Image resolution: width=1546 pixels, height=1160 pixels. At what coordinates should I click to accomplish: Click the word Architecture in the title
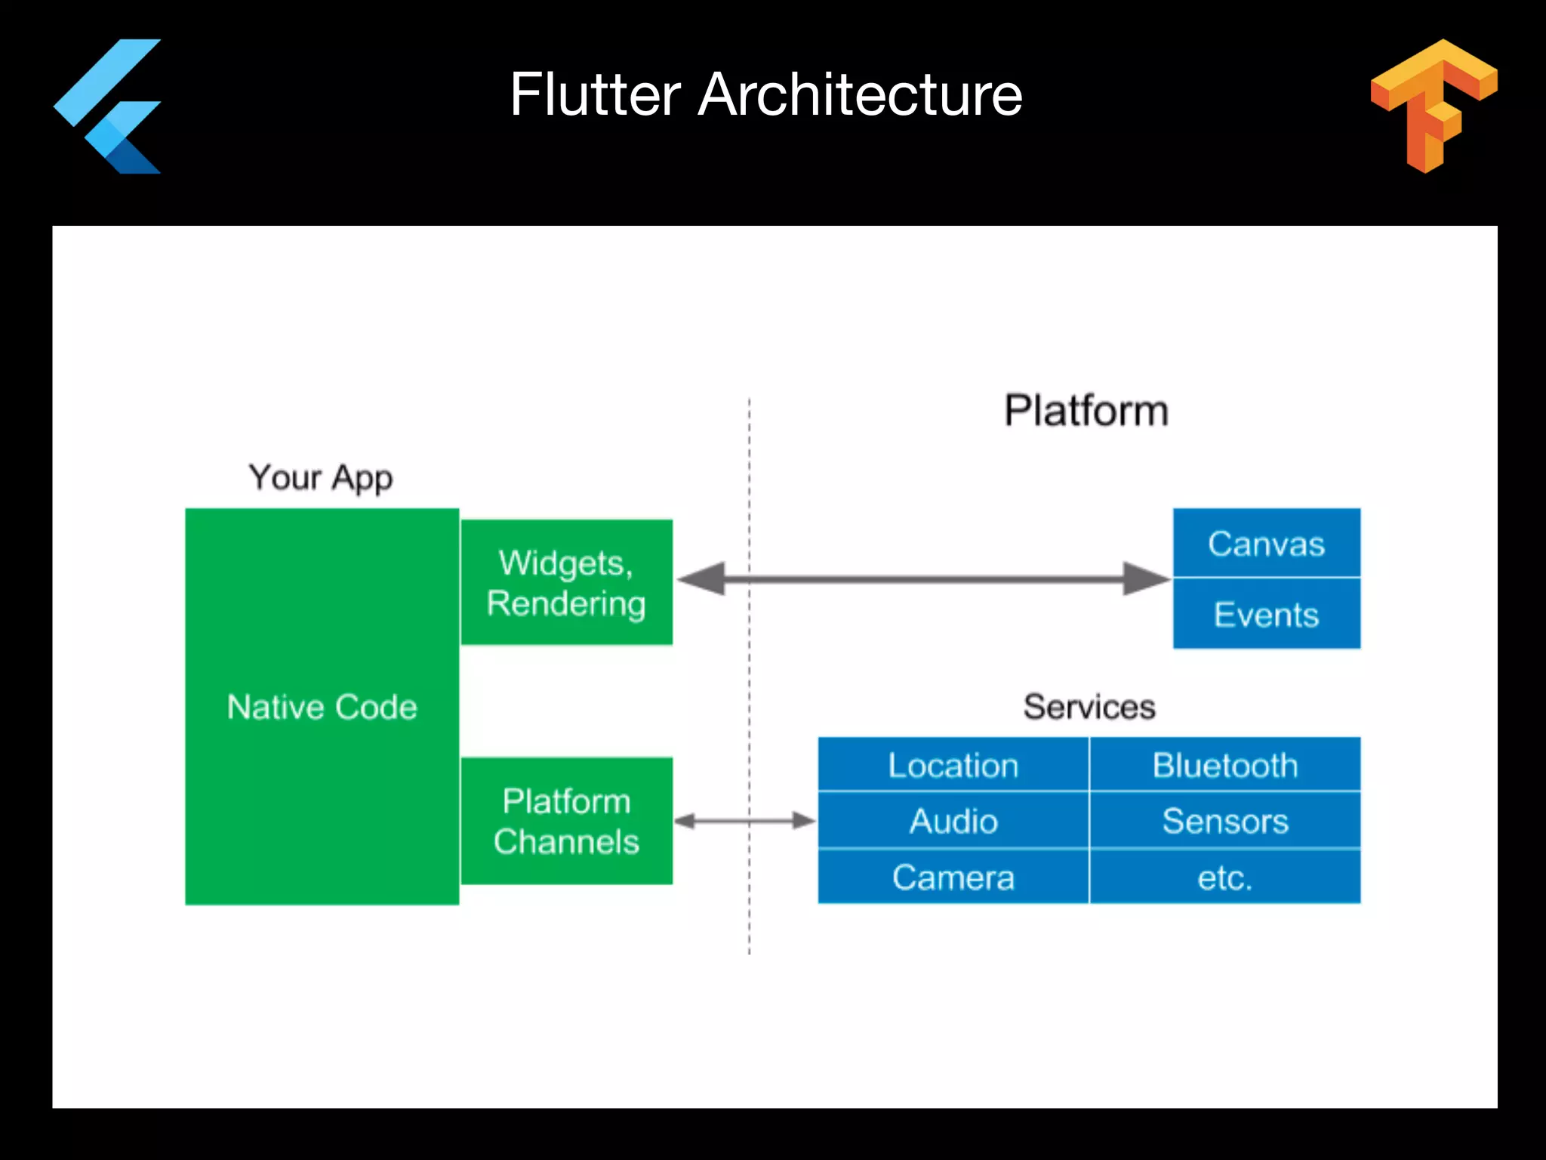(x=860, y=94)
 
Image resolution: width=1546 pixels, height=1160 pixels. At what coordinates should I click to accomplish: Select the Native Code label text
(x=322, y=708)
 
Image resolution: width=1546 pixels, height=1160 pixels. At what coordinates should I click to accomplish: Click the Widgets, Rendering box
(x=566, y=582)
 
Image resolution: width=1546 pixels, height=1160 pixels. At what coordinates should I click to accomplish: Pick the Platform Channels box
(x=566, y=821)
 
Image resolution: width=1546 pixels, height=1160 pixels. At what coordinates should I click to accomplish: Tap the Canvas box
(x=1266, y=543)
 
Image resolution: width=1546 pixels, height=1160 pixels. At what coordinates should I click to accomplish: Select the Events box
(x=1266, y=614)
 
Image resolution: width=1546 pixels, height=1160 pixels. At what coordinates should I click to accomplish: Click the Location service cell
(x=953, y=765)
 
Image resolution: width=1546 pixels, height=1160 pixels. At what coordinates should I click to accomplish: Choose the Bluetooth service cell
(x=1224, y=765)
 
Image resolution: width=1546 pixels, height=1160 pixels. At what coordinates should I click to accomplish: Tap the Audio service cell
(x=953, y=821)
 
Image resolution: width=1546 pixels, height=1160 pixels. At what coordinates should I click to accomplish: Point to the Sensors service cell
(x=1224, y=821)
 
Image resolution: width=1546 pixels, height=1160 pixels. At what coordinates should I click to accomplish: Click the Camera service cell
(x=953, y=878)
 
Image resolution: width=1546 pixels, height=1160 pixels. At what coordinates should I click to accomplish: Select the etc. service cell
(x=1224, y=878)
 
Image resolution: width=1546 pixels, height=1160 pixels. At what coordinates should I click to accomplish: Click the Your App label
(x=321, y=478)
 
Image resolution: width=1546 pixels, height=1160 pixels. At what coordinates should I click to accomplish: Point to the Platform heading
(x=1086, y=411)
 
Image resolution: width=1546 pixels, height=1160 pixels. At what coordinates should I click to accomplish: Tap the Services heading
(x=1089, y=707)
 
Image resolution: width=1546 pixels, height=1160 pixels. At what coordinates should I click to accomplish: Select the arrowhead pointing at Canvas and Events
(x=1146, y=579)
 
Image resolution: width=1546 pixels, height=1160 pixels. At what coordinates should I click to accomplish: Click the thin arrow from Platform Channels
(x=744, y=821)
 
